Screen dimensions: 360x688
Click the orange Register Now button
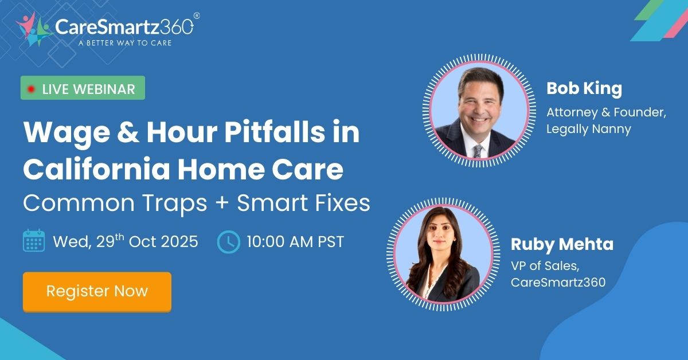tap(97, 291)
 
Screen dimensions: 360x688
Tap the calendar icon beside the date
tap(34, 241)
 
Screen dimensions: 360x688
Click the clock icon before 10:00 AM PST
tap(228, 241)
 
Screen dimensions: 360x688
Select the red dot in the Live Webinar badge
tap(31, 89)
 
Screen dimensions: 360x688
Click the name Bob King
tap(584, 89)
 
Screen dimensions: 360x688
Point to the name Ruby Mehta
tap(562, 245)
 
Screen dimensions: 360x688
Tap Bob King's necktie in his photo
tap(478, 150)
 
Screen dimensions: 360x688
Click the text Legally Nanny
tap(588, 130)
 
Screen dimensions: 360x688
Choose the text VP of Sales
tap(540, 265)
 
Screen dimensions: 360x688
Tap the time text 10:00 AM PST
tap(295, 241)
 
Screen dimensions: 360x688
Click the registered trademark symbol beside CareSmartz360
tap(197, 16)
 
